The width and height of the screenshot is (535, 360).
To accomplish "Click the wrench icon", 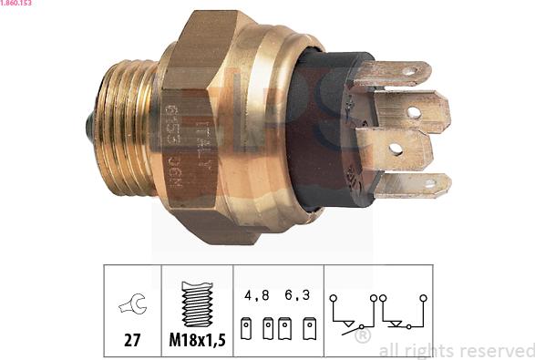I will tap(132, 304).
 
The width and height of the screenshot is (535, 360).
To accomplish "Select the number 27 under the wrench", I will tap(132, 342).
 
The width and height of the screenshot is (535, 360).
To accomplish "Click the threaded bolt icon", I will tap(197, 303).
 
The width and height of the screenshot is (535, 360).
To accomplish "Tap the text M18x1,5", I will tap(197, 342).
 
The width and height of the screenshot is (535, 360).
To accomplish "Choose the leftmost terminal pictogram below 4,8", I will tap(246, 328).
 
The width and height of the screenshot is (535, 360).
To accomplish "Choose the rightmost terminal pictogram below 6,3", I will tap(310, 328).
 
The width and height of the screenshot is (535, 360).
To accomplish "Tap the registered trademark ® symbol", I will tap(362, 337).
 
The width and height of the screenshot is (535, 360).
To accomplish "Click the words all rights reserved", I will tap(456, 350).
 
